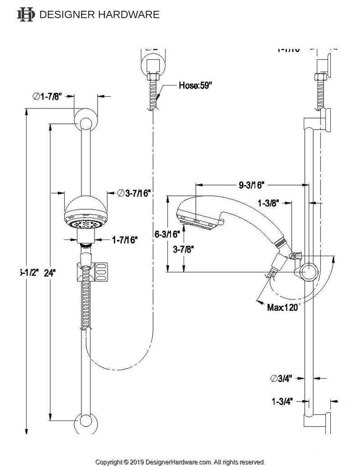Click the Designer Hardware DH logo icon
[25, 14]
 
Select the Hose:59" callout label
[194, 84]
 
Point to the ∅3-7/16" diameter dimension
[134, 193]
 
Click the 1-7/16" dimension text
[125, 240]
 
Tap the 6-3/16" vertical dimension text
[166, 235]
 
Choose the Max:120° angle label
[283, 308]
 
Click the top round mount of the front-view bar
[84, 119]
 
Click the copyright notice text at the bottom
[180, 461]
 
